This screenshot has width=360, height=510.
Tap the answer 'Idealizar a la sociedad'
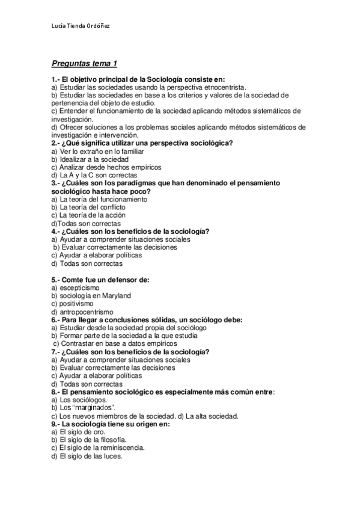(x=88, y=159)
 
